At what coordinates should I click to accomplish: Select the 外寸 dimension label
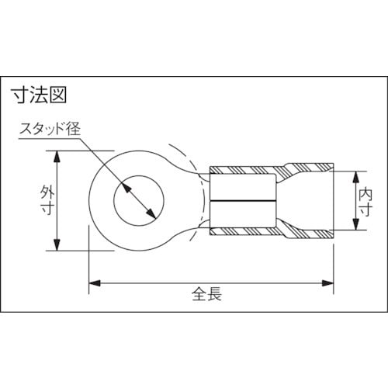coord(45,201)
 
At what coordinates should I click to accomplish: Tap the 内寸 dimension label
coord(365,200)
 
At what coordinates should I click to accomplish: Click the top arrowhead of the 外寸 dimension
coord(57,154)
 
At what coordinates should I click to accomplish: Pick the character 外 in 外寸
coord(45,192)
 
